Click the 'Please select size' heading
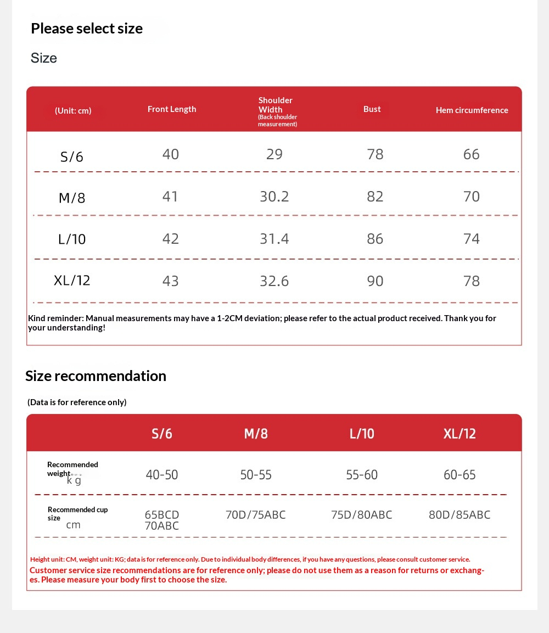pyautogui.click(x=87, y=29)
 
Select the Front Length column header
pyautogui.click(x=172, y=109)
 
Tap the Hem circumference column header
pyautogui.click(x=472, y=110)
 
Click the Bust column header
pyautogui.click(x=372, y=109)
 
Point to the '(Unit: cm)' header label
pyautogui.click(x=73, y=111)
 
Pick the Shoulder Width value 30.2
pyautogui.click(x=274, y=197)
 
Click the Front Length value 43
pyautogui.click(x=170, y=281)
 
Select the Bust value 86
pyautogui.click(x=375, y=239)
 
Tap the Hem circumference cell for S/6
pyautogui.click(x=471, y=154)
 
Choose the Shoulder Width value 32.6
pyautogui.click(x=274, y=281)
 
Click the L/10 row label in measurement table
pyautogui.click(x=72, y=239)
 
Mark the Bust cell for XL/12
pyautogui.click(x=375, y=281)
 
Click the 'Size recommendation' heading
pyautogui.click(x=96, y=376)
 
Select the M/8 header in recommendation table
pyautogui.click(x=256, y=434)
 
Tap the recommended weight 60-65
pyautogui.click(x=460, y=475)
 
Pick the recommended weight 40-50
pyautogui.click(x=162, y=475)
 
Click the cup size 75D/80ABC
pyautogui.click(x=361, y=515)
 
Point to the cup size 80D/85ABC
pyautogui.click(x=460, y=515)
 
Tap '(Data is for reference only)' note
pyautogui.click(x=77, y=402)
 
